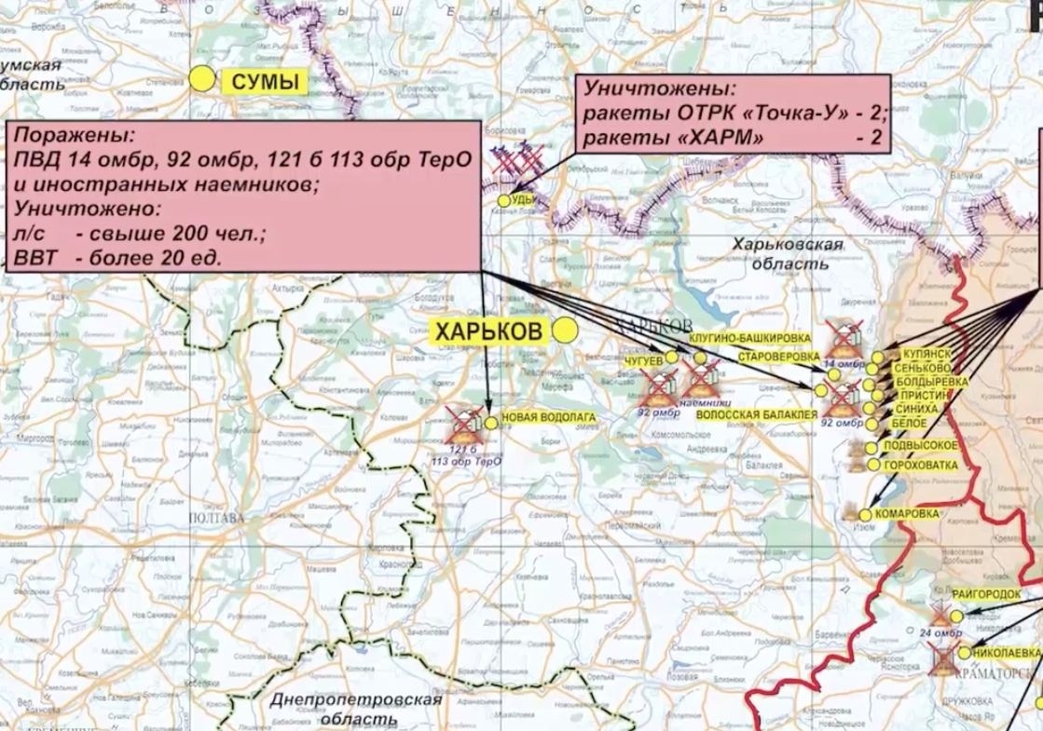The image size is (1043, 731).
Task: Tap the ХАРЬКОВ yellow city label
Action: [489, 331]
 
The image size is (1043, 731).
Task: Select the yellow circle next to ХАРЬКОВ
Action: [564, 330]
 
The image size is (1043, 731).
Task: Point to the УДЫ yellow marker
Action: [504, 200]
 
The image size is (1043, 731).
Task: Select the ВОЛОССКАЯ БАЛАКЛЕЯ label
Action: [757, 413]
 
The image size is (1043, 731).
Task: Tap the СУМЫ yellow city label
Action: [264, 81]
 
